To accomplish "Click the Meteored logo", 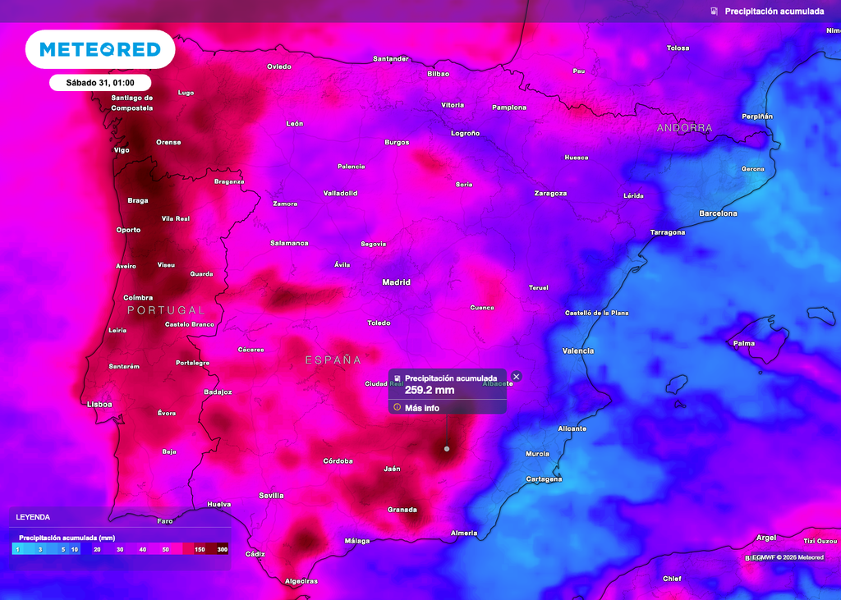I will pos(100,49).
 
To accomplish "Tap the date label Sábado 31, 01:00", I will pos(100,82).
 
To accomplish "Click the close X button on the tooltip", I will pos(516,377).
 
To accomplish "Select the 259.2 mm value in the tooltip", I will pos(430,390).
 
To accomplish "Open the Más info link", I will pos(421,408).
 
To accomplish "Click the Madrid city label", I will pos(396,282).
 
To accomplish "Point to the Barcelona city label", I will pos(718,213).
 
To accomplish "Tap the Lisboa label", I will pos(99,405).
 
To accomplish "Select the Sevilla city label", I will pos(271,496).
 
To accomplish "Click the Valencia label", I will pos(578,351).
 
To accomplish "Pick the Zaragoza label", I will pos(550,194).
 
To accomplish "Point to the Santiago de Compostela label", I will pos(132,103).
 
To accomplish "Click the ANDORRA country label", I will pos(684,128).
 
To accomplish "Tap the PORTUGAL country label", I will pos(166,310).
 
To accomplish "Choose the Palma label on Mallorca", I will pos(744,343).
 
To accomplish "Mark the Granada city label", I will pos(402,510).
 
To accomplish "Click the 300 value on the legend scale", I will pos(222,548).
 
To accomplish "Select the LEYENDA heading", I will pos(33,517).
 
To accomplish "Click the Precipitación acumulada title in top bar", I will pos(774,11).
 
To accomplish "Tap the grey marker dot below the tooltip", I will pos(447,449).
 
